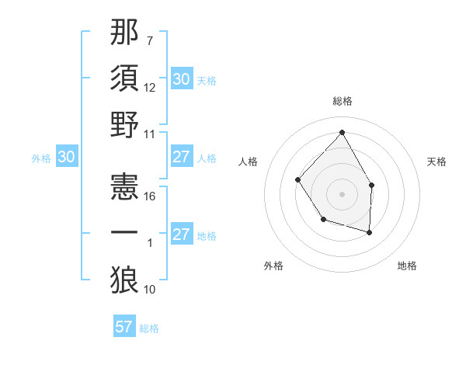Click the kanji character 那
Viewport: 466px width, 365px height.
[x=125, y=35]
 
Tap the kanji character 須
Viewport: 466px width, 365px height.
[x=125, y=78]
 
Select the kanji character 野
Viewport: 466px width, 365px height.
[x=125, y=124]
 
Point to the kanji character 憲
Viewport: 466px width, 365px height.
[x=125, y=186]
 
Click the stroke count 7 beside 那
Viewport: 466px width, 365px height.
[x=150, y=40]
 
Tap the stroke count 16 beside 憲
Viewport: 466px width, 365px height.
[x=150, y=196]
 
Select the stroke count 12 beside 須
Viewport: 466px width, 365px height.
[x=150, y=87]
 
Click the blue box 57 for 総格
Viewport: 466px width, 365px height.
[x=124, y=327]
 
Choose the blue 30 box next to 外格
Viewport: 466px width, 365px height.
[x=67, y=158]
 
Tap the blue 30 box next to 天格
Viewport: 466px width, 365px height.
[x=181, y=79]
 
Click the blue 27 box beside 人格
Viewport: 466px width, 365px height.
[x=181, y=158]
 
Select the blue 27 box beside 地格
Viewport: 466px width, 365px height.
[x=181, y=235]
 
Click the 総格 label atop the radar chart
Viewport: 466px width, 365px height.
[x=342, y=101]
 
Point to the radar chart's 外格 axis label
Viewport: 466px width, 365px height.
[x=273, y=266]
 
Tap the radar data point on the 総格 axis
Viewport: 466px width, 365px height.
[x=342, y=132]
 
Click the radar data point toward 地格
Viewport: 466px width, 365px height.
[x=370, y=232]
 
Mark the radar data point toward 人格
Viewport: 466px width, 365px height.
[x=298, y=179]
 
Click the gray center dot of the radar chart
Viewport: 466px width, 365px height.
[x=342, y=193]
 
